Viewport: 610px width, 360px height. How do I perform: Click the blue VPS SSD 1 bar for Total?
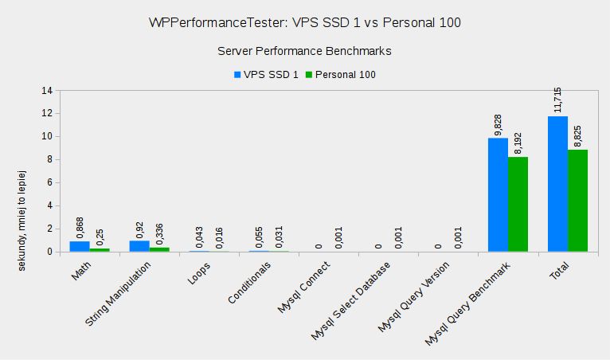point(557,184)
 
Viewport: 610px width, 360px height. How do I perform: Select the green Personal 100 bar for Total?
point(577,201)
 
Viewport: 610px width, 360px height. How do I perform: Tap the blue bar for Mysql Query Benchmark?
point(498,195)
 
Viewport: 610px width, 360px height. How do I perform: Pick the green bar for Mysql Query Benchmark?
point(518,205)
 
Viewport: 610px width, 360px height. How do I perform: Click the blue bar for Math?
point(80,247)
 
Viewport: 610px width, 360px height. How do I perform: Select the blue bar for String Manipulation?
point(139,246)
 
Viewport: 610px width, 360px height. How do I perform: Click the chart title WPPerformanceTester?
point(305,23)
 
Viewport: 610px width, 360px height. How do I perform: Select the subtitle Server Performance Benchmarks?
point(305,51)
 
